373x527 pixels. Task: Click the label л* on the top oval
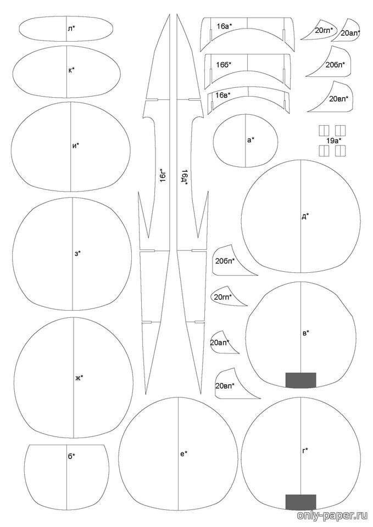click(71, 29)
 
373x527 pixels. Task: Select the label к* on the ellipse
click(71, 70)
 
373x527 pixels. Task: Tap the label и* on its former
click(76, 145)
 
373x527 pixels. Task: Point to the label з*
click(77, 253)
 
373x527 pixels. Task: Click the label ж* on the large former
click(79, 378)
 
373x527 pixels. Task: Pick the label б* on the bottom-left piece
click(71, 456)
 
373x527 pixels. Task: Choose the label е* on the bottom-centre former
click(183, 453)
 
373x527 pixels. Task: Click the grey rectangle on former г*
click(300, 502)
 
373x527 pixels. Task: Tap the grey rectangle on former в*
click(300, 380)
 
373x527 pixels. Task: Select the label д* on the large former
click(305, 217)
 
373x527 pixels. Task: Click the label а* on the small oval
click(250, 140)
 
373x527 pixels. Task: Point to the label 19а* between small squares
click(333, 141)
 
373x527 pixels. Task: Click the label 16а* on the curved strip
click(225, 26)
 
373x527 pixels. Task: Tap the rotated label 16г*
click(164, 176)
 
